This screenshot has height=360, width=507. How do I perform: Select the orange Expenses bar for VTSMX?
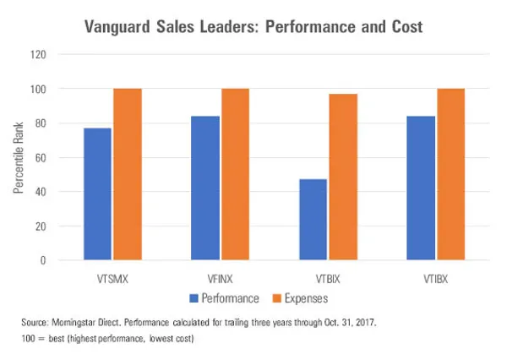(x=128, y=174)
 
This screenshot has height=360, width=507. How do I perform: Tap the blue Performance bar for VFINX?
(x=205, y=188)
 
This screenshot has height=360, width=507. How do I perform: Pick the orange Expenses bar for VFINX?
(x=235, y=174)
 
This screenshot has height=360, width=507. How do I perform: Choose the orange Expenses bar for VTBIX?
(x=342, y=177)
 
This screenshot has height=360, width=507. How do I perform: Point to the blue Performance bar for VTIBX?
(x=421, y=188)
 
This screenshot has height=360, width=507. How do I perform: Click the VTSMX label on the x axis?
(x=112, y=276)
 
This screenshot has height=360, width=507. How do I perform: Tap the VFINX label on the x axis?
(x=220, y=276)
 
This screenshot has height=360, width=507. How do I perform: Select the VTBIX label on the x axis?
(x=328, y=276)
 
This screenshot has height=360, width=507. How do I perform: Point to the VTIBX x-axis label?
(x=435, y=276)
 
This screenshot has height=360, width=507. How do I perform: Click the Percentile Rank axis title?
(x=18, y=158)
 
